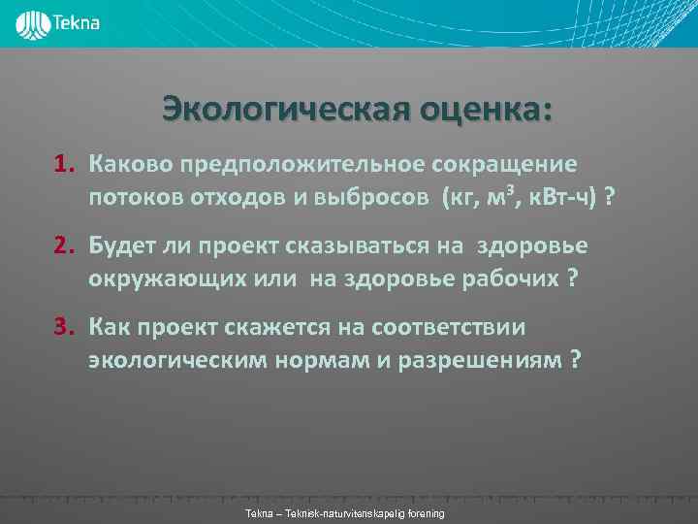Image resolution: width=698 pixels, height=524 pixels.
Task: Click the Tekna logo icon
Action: tap(35, 23)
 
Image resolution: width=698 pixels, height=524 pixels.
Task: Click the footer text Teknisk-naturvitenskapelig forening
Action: tap(365, 512)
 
